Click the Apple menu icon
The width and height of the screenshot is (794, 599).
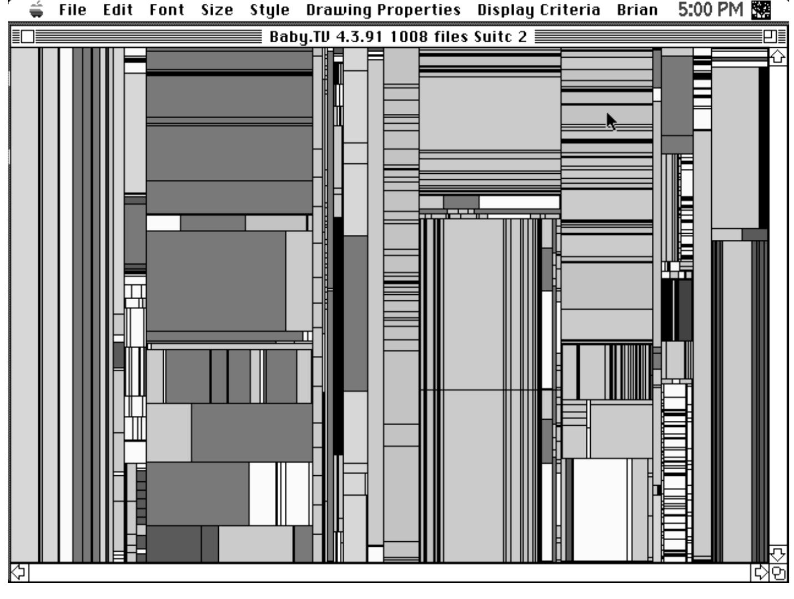pos(36,9)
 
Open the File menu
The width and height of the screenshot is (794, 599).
pos(73,10)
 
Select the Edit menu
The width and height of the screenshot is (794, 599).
pos(118,10)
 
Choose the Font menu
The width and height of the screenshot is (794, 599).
pos(167,10)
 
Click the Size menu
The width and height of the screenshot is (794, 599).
pos(217,10)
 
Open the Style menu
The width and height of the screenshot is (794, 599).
pos(269,10)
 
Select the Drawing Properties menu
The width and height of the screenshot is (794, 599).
pos(384,10)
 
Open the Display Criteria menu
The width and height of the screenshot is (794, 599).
pos(539,10)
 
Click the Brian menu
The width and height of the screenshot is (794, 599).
pos(637,10)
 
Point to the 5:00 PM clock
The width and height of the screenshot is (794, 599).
pos(711,10)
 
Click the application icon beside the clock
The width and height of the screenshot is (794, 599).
pos(761,10)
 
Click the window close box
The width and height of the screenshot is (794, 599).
pos(28,37)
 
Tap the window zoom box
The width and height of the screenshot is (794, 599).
pos(770,37)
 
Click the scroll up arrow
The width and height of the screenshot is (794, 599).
pos(778,57)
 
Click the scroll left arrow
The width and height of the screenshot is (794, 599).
pos(19,572)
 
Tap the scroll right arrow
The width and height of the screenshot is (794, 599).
pos(760,572)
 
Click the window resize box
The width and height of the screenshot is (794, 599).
pos(778,572)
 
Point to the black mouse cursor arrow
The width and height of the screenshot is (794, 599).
pos(611,122)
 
